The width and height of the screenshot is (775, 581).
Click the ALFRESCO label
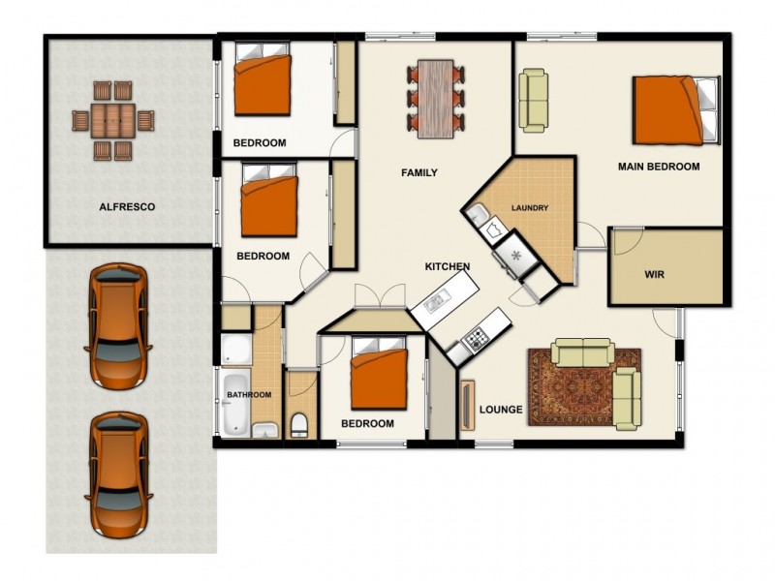127,207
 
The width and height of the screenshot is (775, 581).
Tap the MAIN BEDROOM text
659,167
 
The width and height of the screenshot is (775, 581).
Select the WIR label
655,274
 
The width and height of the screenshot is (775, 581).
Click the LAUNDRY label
530,207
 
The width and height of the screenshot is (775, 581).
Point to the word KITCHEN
448,266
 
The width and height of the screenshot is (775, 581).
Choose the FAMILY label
419,173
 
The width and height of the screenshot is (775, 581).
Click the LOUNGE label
501,410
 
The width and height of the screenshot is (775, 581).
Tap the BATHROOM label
249,395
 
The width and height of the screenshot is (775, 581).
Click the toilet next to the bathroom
300,422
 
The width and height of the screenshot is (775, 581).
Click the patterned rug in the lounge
583,387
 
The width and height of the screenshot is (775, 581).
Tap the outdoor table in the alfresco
113,121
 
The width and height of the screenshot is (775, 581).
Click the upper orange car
116,322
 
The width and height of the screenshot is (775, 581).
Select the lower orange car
117,475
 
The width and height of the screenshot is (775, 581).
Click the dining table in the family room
436,95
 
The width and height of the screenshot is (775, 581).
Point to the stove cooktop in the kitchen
476,338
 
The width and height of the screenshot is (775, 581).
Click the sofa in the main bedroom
533,99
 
